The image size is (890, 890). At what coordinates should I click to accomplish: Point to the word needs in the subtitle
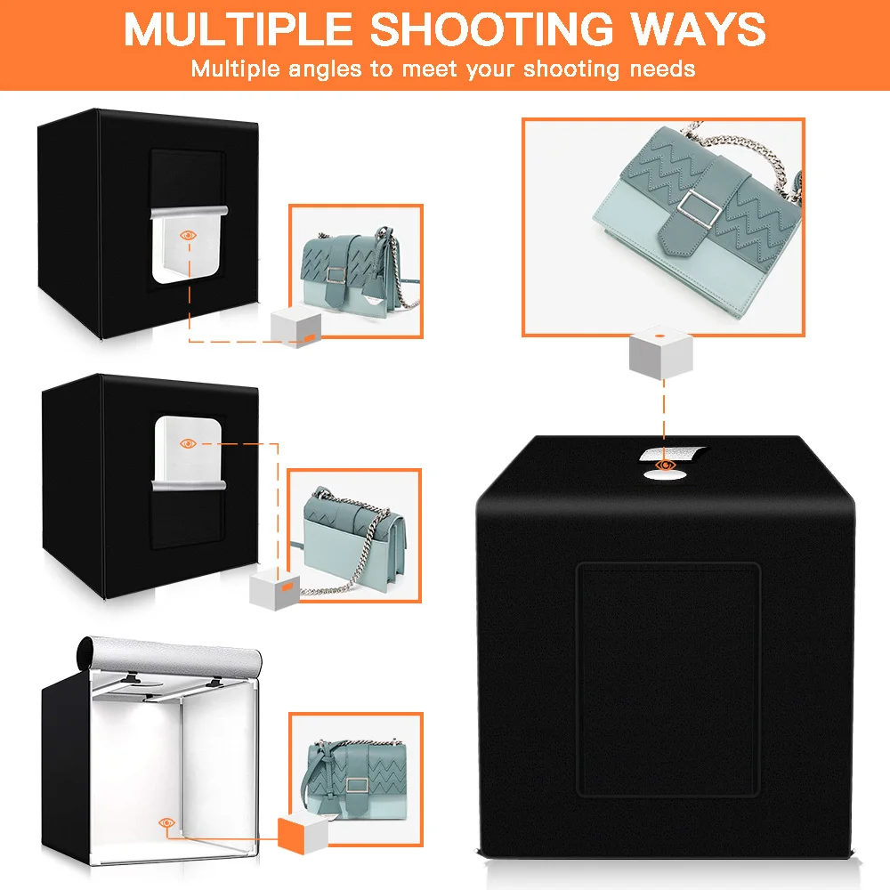point(658,69)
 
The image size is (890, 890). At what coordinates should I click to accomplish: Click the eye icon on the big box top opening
point(664,465)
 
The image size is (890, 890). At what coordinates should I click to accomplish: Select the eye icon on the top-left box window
point(188,235)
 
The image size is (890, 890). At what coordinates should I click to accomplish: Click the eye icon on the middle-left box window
point(188,442)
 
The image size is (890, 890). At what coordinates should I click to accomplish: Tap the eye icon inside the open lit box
point(166,823)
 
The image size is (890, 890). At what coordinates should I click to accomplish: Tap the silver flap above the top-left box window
point(188,213)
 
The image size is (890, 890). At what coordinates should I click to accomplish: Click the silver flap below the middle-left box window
point(188,483)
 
